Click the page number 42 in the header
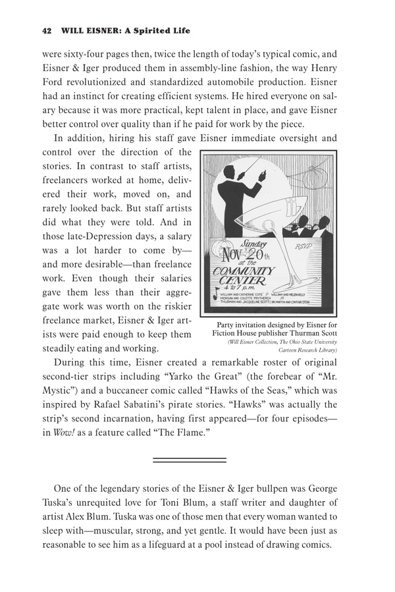[46, 30]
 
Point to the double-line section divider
[190, 460]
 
